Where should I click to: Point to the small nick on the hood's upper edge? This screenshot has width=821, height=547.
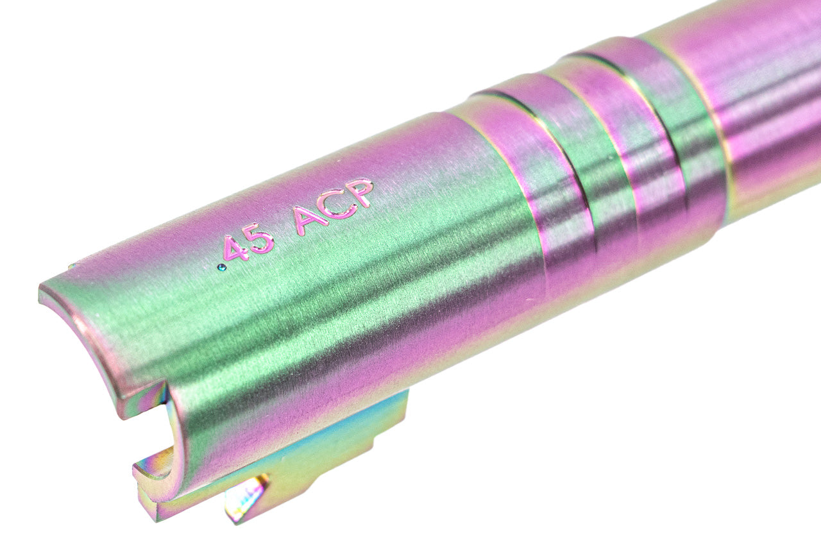[71, 266]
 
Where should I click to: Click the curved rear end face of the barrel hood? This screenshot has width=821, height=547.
[83, 340]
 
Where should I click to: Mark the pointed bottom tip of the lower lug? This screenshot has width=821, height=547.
[237, 517]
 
